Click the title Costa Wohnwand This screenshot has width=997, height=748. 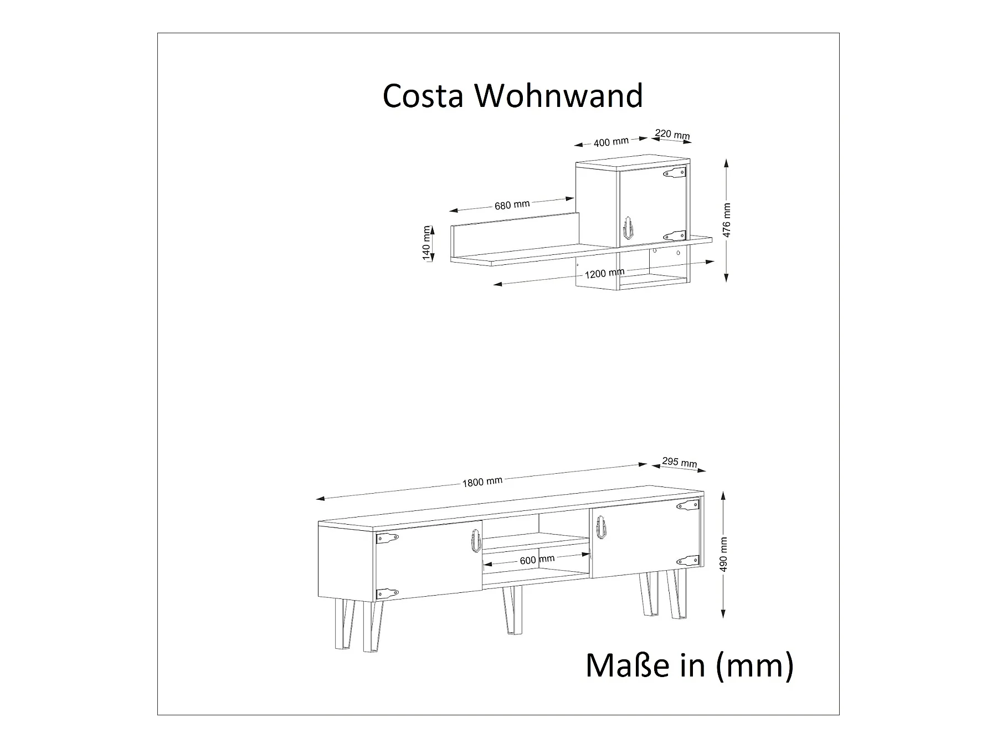tap(512, 95)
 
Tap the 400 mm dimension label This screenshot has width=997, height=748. tap(610, 142)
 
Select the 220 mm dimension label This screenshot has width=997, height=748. tap(672, 135)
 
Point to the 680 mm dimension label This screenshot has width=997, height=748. tap(512, 205)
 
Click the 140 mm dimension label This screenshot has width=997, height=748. tap(426, 243)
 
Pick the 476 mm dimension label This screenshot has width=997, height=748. tap(727, 220)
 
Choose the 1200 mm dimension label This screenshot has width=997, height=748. tap(604, 273)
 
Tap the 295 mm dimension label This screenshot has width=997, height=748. tap(680, 463)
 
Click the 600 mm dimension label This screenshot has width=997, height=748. tap(537, 560)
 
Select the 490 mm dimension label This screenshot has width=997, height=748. tap(724, 555)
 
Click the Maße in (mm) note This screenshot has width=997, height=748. tap(689, 665)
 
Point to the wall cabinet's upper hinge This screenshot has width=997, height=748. tap(675, 173)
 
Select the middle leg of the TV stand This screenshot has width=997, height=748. tap(512, 609)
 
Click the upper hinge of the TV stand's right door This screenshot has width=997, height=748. tap(687, 505)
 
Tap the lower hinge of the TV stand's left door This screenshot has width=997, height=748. tap(387, 593)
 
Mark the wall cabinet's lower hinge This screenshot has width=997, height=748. tap(675, 235)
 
